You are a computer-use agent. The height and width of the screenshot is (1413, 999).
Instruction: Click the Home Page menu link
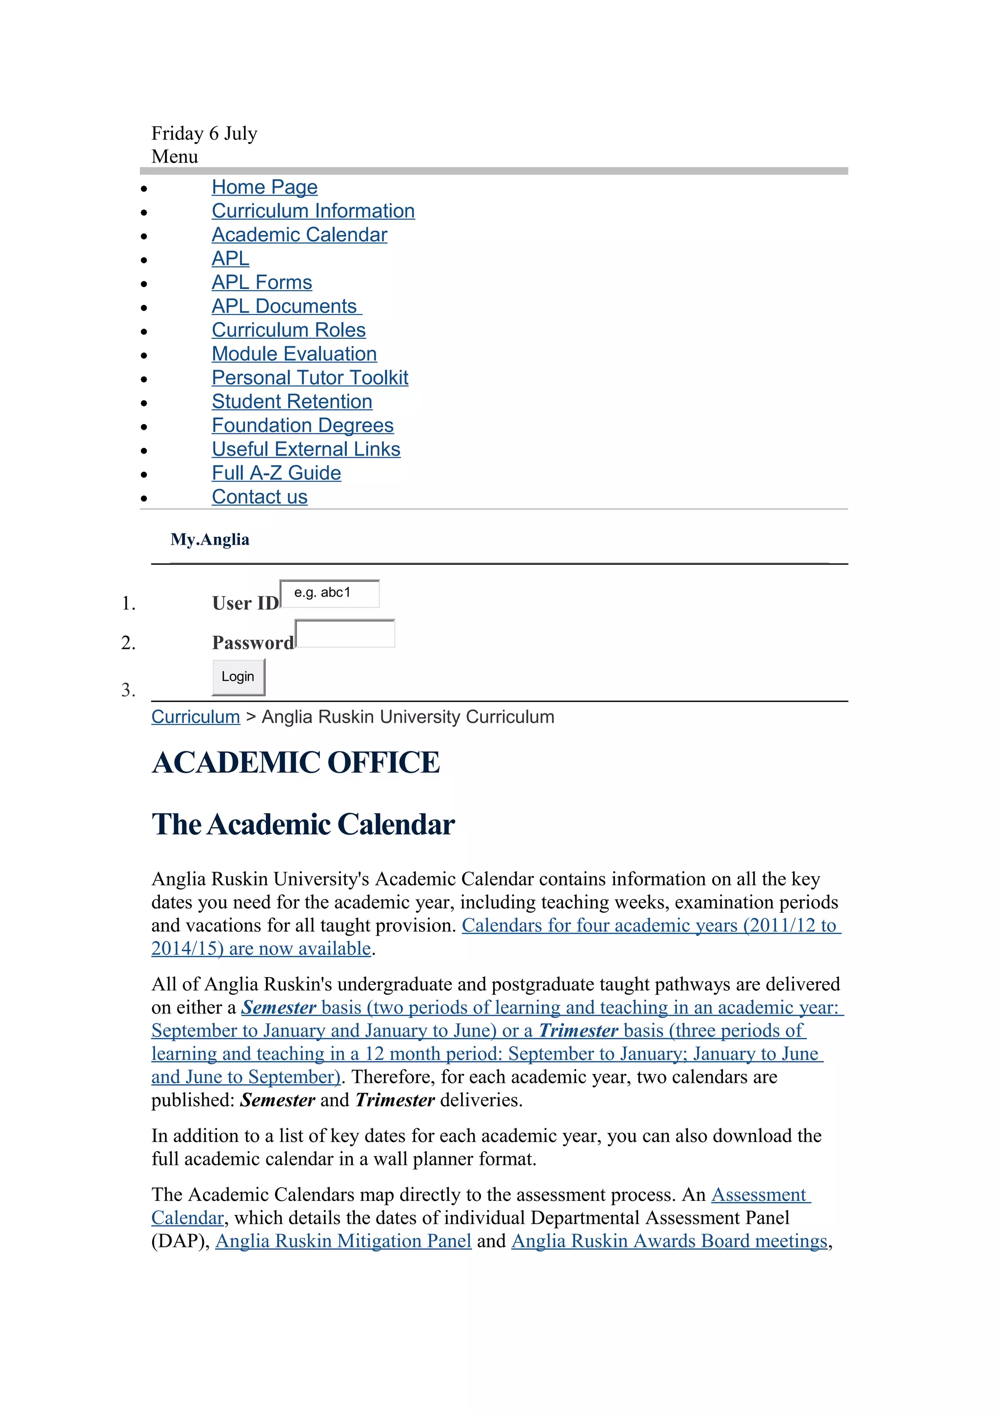pyautogui.click(x=265, y=187)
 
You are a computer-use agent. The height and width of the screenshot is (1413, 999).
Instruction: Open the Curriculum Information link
pyautogui.click(x=313, y=211)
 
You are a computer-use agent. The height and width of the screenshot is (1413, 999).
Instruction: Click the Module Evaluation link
pyautogui.click(x=294, y=354)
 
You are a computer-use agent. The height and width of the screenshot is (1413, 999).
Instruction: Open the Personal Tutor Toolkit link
pyautogui.click(x=310, y=378)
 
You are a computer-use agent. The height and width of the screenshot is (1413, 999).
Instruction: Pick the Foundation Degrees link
pyautogui.click(x=302, y=425)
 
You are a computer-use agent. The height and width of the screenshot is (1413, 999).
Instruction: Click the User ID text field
pyautogui.click(x=330, y=593)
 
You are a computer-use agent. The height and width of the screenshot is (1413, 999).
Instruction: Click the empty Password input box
pyautogui.click(x=345, y=634)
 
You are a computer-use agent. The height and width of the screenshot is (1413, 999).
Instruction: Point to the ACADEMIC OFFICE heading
pyautogui.click(x=296, y=763)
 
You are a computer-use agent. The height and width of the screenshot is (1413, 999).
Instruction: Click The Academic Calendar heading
pyautogui.click(x=303, y=824)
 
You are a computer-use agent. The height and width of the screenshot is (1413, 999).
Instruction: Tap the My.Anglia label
pyautogui.click(x=210, y=540)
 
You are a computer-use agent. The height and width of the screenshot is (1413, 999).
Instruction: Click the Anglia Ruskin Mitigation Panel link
pyautogui.click(x=343, y=1241)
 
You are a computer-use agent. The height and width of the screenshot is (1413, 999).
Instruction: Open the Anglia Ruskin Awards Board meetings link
pyautogui.click(x=669, y=1241)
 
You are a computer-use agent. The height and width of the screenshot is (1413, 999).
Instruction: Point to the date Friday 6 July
pyautogui.click(x=204, y=134)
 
